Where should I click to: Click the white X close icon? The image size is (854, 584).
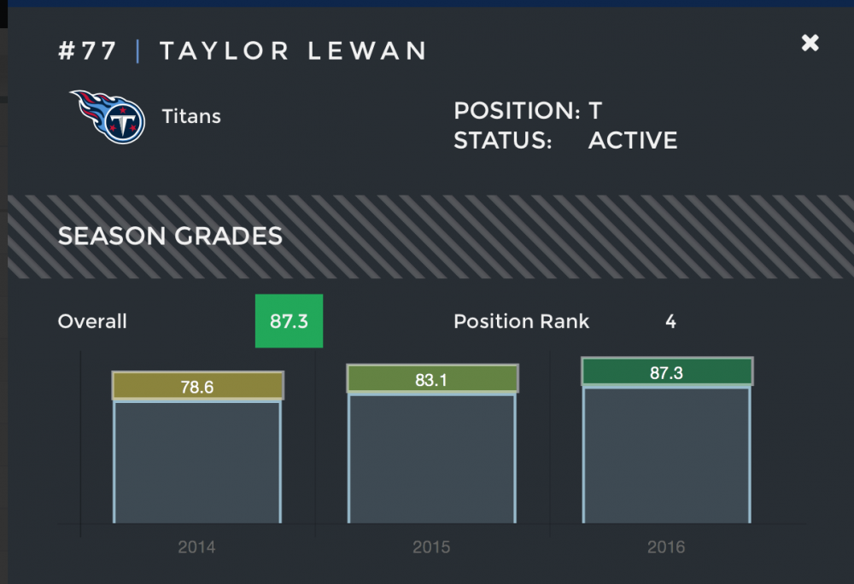click(x=810, y=43)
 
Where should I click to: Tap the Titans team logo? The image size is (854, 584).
click(x=108, y=116)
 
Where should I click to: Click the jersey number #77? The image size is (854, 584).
click(x=87, y=51)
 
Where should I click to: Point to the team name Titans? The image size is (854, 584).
click(x=191, y=116)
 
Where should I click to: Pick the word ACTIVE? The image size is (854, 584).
click(x=633, y=141)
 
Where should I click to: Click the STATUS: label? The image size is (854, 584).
click(x=503, y=141)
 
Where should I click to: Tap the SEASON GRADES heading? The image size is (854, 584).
click(x=170, y=237)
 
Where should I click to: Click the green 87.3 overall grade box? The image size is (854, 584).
click(x=289, y=321)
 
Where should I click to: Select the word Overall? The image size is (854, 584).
click(x=92, y=322)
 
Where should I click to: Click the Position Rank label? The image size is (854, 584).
click(x=521, y=322)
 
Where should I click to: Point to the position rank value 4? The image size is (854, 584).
click(x=670, y=322)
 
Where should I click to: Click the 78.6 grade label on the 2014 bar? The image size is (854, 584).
click(x=197, y=387)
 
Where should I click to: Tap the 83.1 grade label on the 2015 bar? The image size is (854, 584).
click(x=431, y=380)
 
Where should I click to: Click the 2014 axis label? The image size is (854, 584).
click(x=196, y=547)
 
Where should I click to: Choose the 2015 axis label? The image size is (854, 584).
click(x=431, y=547)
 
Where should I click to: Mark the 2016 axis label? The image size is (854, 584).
click(x=666, y=547)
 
